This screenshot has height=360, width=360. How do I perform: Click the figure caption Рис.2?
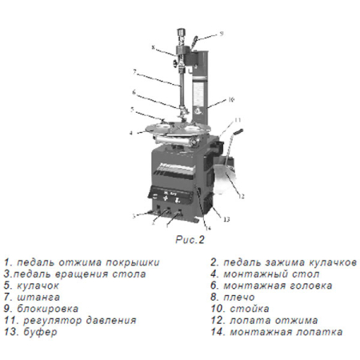190,240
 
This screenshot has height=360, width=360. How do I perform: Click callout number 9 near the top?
221,34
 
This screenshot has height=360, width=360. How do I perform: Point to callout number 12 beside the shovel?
241,196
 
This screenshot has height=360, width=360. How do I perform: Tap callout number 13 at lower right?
226,219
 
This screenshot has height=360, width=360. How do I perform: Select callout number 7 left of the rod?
134,72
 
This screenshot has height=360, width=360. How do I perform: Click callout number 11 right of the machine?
238,120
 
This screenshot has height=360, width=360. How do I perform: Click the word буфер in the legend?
40,332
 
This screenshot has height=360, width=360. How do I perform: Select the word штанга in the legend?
38,297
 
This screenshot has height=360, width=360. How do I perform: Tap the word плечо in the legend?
239,297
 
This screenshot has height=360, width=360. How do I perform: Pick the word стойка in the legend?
250,309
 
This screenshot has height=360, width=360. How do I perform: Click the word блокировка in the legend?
47,309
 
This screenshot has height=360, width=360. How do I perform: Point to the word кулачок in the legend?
38,286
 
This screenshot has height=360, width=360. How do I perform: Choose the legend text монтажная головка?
278,286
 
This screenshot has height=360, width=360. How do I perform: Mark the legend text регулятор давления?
80,321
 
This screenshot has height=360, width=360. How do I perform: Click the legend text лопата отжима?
274,320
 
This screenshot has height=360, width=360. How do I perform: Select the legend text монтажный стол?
271,274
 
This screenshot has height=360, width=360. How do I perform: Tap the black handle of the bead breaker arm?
238,132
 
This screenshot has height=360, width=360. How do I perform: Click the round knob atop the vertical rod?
181,31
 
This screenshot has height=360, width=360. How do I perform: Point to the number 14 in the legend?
218,332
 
